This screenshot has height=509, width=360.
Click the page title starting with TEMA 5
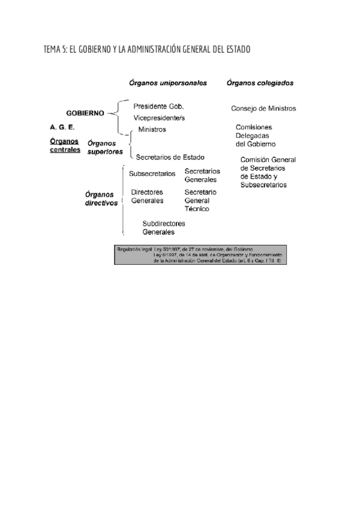coord(147,49)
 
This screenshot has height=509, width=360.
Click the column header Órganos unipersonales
coord(167,83)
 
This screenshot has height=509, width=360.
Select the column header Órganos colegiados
coord(264,83)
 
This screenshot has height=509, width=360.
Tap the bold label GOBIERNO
coord(85,113)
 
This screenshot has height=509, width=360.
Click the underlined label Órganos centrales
coord(65,145)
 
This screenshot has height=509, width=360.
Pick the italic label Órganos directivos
coord(101,198)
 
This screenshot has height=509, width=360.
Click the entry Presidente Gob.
coord(158,106)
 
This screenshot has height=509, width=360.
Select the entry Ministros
coord(152,129)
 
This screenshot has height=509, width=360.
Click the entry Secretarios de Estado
coord(170,157)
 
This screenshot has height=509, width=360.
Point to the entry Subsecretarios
coord(152,174)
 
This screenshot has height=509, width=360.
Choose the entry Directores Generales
coord(147,196)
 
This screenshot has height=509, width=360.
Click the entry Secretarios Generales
coord(202,175)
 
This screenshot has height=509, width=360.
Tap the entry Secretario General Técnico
coord(200,200)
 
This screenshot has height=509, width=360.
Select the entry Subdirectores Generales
coord(164,227)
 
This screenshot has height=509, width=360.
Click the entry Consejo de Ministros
coord(263,109)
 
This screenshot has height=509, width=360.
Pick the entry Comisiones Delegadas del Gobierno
coord(256,136)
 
